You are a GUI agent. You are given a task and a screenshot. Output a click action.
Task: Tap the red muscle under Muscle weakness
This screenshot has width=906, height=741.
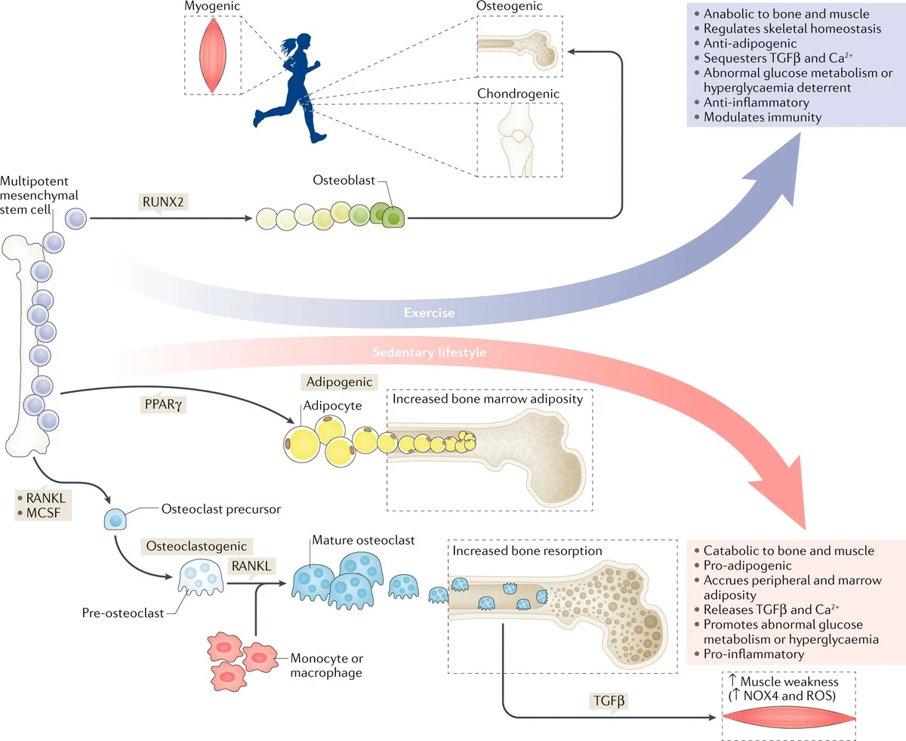click(789, 716)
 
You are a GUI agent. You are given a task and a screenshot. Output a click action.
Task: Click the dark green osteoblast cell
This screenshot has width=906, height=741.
click(392, 219)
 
